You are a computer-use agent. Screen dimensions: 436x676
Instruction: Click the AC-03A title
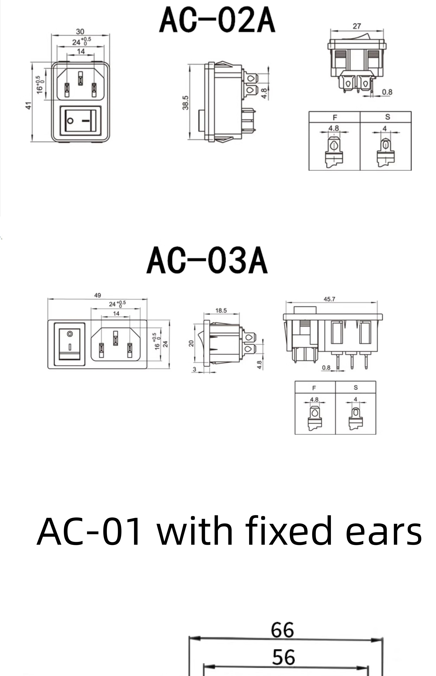pos(207,260)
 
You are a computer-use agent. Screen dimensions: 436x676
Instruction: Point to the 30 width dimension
pos(80,31)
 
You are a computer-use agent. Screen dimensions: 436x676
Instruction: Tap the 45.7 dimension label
pos(329,299)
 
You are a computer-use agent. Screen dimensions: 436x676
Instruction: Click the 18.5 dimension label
pos(221,310)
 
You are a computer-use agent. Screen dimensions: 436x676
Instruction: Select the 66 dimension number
pos(282,630)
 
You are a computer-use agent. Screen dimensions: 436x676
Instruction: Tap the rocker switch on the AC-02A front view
pos(80,121)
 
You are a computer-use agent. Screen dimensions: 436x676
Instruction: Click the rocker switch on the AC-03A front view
pos(69,344)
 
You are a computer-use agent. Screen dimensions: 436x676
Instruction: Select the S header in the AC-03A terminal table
pos(356,387)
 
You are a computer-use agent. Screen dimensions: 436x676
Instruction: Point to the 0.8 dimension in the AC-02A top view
pos(387,92)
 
